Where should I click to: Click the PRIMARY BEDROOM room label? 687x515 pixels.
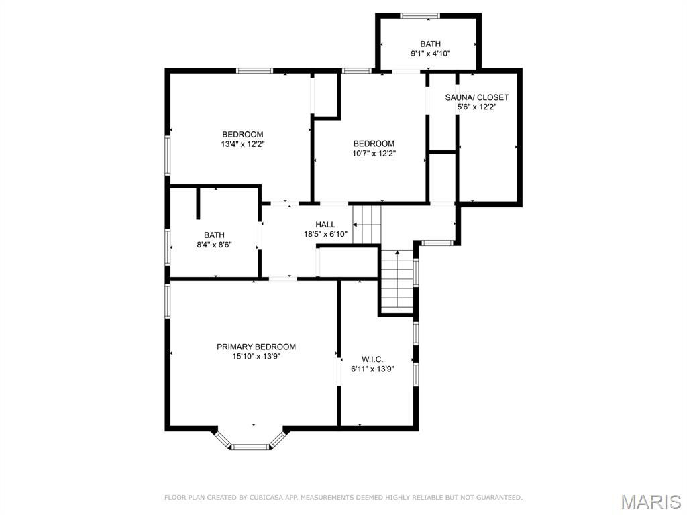[x=256, y=347]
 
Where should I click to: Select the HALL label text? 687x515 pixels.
[x=325, y=225]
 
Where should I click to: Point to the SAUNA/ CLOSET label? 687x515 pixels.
[x=477, y=97]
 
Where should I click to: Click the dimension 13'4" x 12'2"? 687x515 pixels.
[x=243, y=144]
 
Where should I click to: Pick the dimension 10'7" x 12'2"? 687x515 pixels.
[x=374, y=154]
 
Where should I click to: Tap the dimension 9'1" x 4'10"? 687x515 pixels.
[x=430, y=54]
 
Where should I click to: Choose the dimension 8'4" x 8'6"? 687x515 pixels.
[x=214, y=245]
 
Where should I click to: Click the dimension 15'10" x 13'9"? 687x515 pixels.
[x=256, y=357]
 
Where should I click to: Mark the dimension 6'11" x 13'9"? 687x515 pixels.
[x=372, y=369]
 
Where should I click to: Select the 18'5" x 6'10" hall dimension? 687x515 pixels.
[x=325, y=234]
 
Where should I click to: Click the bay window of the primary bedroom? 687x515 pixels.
[x=250, y=440]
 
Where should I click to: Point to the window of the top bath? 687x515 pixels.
[x=420, y=16]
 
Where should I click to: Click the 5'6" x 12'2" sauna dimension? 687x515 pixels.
[x=477, y=107]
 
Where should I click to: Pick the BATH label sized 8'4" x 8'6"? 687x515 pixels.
[x=214, y=235]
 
